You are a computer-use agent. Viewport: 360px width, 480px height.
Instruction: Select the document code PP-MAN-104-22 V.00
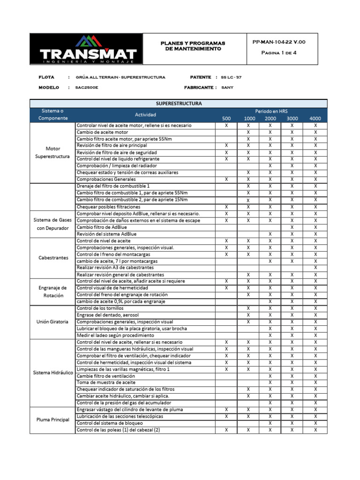278,42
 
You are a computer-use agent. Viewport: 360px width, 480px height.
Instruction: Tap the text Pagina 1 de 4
278,52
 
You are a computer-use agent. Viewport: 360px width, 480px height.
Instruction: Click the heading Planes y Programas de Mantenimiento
193,45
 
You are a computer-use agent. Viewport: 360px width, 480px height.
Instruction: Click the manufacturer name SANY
227,87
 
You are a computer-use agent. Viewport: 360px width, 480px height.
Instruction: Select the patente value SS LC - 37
231,77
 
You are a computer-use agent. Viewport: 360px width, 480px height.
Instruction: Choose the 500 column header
226,119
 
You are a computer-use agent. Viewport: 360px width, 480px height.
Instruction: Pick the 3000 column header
292,119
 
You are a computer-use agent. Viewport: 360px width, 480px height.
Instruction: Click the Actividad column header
145,115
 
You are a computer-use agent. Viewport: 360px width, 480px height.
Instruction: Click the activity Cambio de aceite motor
105,132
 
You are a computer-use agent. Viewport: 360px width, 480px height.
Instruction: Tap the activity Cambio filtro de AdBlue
102,227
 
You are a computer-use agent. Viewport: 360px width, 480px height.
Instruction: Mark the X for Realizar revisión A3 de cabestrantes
315,268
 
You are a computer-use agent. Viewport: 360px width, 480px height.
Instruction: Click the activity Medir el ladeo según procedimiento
115,336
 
